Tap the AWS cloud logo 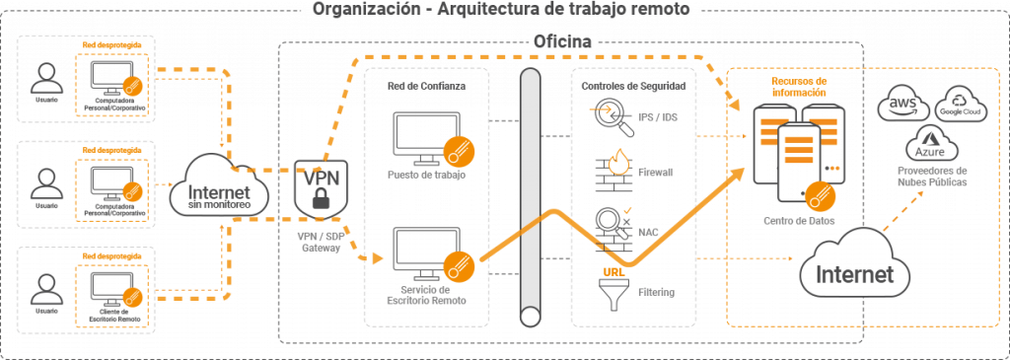[904, 107]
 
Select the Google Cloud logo [960, 105]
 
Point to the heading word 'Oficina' [562, 42]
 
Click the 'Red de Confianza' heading [426, 86]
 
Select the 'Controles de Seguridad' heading [633, 86]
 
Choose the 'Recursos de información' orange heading [799, 87]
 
